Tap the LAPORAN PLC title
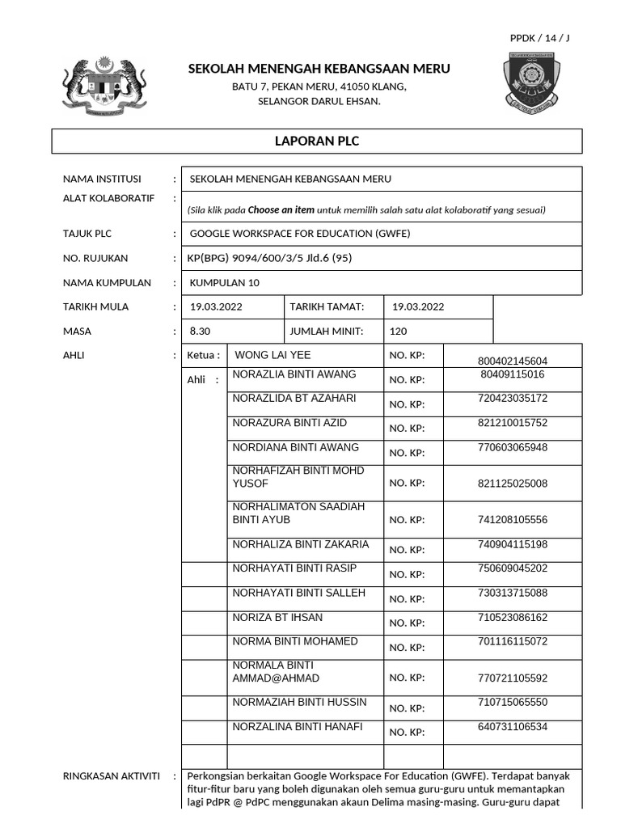pos(317,141)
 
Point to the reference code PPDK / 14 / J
pos(539,38)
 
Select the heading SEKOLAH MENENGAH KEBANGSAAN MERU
pos(319,69)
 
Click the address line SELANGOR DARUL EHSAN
pos(319,101)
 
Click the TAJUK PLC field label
pos(87,234)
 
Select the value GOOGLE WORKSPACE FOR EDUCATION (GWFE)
pos(300,234)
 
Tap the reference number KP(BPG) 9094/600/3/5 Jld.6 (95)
pos(269,258)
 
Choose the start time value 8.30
pos(200,331)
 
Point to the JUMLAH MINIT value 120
pos(399,331)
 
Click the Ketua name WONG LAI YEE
pos(272,355)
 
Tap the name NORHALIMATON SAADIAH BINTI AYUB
pos(298,513)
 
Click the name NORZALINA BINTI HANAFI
pos(298,726)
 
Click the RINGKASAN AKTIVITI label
pos(112,775)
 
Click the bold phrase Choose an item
pos(281,209)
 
